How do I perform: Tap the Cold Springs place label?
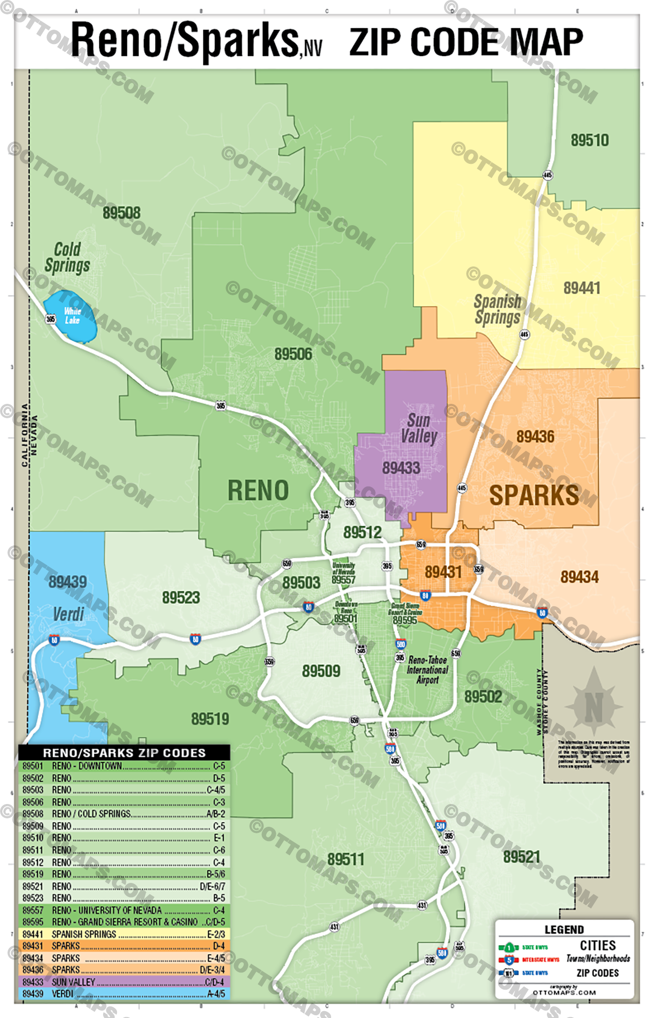pos(67,257)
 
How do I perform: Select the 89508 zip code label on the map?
pos(122,213)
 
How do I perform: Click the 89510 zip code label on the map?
pos(589,140)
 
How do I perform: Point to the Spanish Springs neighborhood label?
pos(497,309)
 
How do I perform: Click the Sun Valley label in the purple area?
pos(419,428)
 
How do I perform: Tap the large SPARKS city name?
pos(534,495)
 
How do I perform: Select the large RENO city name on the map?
pos(258,491)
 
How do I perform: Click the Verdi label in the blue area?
pos(68,614)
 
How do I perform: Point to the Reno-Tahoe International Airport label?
pos(427,669)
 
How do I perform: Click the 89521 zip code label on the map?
pos(522,857)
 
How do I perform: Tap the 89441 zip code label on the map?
pos(582,288)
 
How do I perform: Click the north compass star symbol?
pos(594,707)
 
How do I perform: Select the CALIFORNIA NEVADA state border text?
pos(29,435)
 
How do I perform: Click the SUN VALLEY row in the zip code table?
pos(123,982)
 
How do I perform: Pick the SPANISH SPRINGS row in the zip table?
pos(123,934)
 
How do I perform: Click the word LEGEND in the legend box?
pos(564,930)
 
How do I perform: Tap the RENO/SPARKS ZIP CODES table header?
pos(124,752)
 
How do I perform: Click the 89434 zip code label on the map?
pos(579,577)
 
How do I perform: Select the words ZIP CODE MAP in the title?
pos(466,42)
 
